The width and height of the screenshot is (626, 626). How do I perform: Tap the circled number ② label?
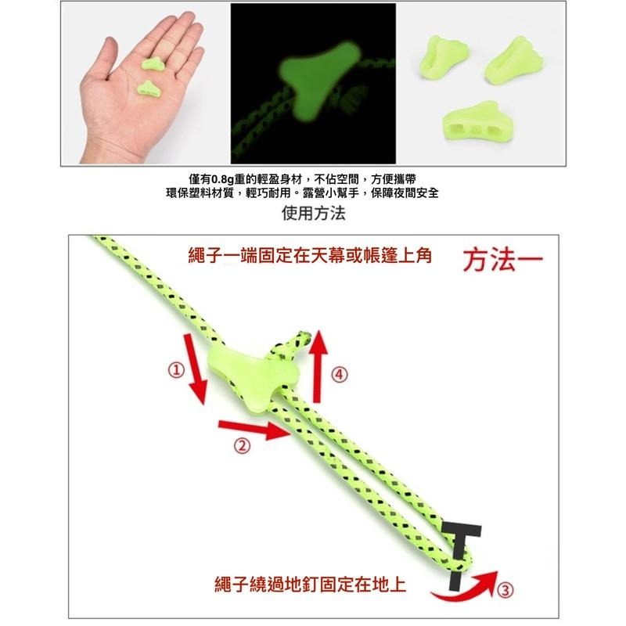pyautogui.click(x=242, y=445)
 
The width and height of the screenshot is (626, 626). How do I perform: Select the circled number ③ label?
pyautogui.click(x=505, y=589)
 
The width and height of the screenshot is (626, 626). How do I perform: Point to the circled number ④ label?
pyautogui.click(x=340, y=375)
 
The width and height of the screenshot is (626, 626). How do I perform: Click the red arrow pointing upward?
pyautogui.click(x=318, y=366)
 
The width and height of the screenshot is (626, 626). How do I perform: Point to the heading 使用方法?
pyautogui.click(x=314, y=213)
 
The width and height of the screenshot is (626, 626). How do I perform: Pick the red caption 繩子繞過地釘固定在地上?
pyautogui.click(x=310, y=585)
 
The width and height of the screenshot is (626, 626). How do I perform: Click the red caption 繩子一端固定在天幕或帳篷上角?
pyautogui.click(x=310, y=256)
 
